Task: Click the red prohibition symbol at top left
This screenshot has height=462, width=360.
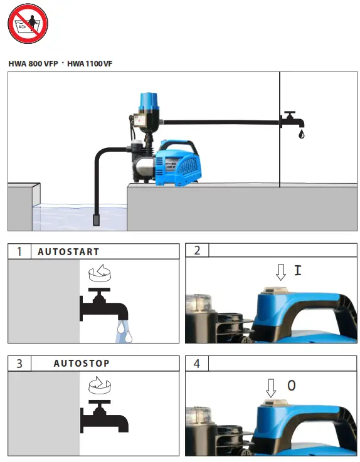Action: point(28,23)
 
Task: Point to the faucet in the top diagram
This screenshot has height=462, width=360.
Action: point(290,120)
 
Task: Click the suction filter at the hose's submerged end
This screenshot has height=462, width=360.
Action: point(97,219)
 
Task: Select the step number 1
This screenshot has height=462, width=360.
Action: point(19,251)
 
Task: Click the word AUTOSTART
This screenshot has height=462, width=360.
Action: point(68,251)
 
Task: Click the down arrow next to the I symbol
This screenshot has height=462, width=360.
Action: point(281,271)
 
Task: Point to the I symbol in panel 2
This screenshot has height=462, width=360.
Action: point(297,270)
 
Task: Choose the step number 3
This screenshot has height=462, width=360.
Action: point(19,364)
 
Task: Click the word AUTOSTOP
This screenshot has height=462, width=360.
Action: point(82,364)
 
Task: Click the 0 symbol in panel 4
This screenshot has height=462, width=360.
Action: point(291,386)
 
